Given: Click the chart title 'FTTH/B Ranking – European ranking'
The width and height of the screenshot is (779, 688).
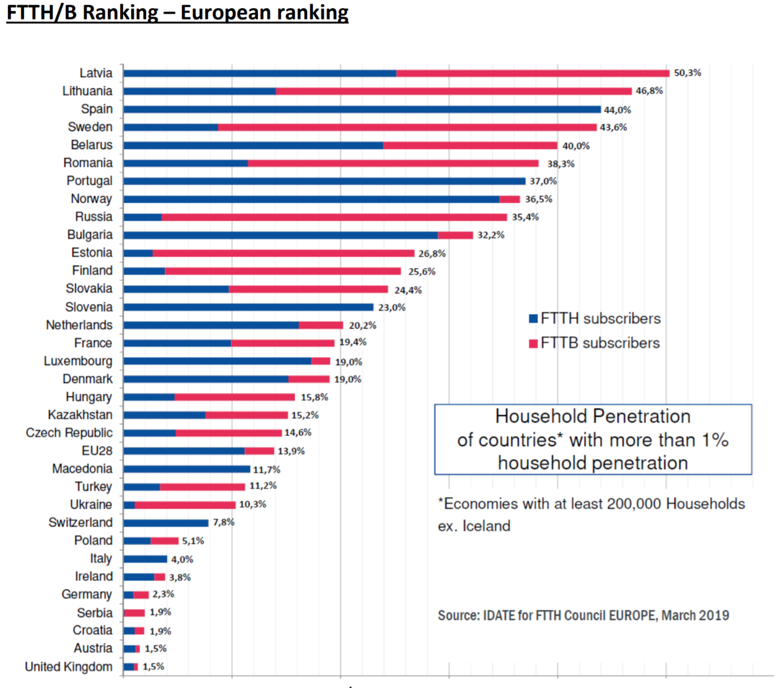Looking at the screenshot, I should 177,12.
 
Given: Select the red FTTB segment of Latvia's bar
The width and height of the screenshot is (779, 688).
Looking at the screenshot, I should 533,73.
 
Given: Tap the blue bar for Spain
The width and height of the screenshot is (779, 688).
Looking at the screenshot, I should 362,110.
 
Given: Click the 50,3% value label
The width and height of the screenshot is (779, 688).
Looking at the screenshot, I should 687,73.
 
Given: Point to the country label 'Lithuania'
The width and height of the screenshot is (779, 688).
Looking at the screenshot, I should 87,91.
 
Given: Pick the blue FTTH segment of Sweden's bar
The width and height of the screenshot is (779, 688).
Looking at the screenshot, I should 170,127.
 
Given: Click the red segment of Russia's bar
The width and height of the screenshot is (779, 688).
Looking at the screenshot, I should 334,217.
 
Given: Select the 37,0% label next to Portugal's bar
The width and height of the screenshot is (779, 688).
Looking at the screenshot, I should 543,181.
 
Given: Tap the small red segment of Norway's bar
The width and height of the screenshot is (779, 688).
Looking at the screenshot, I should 510,200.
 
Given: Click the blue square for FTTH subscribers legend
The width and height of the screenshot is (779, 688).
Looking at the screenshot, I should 533,319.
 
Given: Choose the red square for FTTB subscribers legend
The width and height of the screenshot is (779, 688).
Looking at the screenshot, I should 533,343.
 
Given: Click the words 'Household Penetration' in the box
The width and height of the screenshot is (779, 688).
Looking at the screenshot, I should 593,416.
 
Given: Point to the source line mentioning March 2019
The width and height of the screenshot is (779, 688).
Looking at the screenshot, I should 583,616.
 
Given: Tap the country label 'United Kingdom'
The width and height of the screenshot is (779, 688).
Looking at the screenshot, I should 68,667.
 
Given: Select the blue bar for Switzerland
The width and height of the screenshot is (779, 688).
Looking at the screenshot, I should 166,523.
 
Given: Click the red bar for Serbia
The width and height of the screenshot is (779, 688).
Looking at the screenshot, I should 134,613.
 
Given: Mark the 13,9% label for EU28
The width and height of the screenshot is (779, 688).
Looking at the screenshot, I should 291,451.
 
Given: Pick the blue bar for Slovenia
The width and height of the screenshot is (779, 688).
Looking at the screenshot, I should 248,307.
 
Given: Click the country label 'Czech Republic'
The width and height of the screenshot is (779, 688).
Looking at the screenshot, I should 69,433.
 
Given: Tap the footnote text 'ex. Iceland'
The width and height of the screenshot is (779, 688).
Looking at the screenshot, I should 473,526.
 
